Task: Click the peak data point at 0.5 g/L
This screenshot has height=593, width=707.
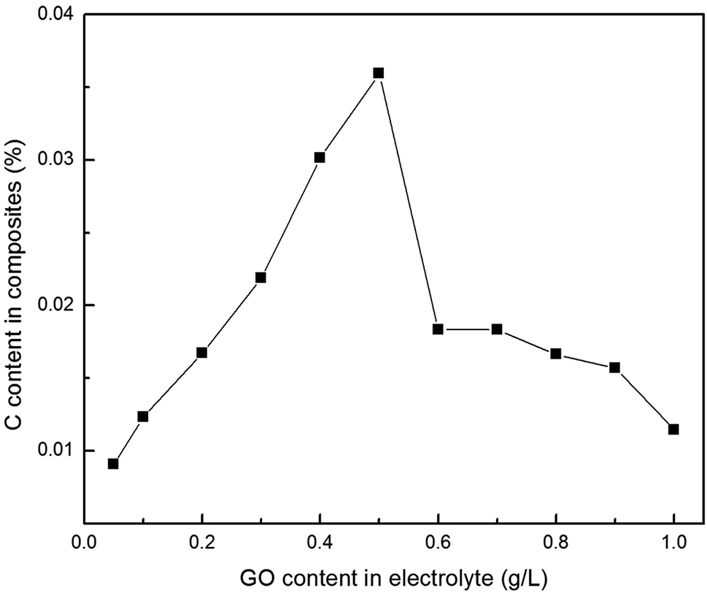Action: pyautogui.click(x=378, y=73)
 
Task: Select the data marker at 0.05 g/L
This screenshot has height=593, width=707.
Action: pyautogui.click(x=113, y=464)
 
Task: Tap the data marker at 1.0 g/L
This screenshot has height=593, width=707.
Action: pyautogui.click(x=673, y=429)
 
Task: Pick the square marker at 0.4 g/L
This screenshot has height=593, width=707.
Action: pyautogui.click(x=320, y=157)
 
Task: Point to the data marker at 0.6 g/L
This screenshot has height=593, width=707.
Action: pyautogui.click(x=438, y=329)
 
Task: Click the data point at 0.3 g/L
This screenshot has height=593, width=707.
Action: pyautogui.click(x=260, y=278)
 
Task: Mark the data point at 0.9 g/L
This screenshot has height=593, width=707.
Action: pyautogui.click(x=614, y=367)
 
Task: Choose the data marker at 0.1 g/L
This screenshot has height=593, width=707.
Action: pyautogui.click(x=143, y=416)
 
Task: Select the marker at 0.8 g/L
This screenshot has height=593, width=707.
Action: pyautogui.click(x=555, y=353)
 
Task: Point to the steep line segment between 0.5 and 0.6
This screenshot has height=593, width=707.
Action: pyautogui.click(x=408, y=201)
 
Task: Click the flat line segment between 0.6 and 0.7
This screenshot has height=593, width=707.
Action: pyautogui.click(x=467, y=329)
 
